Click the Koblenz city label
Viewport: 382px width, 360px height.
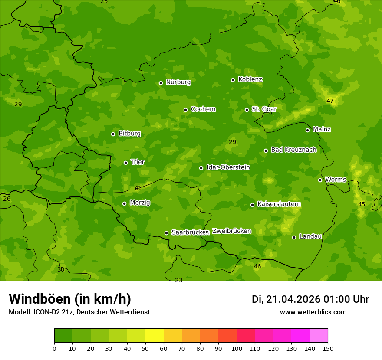250,79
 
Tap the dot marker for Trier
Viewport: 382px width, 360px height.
126,163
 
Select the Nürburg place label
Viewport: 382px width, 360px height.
178,82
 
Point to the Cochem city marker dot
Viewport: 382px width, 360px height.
186,110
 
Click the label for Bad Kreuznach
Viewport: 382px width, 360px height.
293,150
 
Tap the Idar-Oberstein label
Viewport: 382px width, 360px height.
228,167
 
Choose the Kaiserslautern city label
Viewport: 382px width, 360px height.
279,204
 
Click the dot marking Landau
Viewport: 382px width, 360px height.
294,237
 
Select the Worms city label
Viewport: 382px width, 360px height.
335,180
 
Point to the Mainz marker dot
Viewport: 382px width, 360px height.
308,130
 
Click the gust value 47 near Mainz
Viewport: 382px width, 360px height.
330,101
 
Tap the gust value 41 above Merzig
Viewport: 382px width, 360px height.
138,188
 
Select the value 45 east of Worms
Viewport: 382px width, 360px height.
362,204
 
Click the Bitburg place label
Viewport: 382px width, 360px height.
129,134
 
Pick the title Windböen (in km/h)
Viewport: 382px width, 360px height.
70,299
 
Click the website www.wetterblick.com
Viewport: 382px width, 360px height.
313,312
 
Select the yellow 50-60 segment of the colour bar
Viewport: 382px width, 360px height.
155,336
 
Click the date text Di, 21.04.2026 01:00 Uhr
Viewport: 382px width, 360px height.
310,299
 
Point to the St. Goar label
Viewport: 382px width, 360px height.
264,109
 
